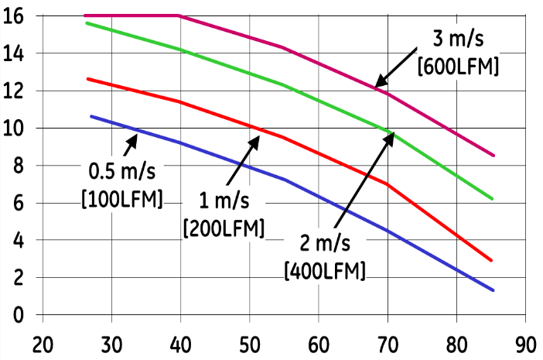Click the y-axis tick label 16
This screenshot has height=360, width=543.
pos(14,15)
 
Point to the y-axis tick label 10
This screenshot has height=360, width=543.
pos(14,128)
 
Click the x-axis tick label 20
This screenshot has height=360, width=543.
pos(43,341)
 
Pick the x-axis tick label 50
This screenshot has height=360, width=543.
pos(249,341)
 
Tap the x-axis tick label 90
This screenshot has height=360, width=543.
pos(525,341)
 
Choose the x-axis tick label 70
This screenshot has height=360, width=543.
pos(388,341)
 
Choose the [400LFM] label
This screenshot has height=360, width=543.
pos(325,271)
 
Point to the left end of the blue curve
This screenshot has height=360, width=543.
pos(91,116)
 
